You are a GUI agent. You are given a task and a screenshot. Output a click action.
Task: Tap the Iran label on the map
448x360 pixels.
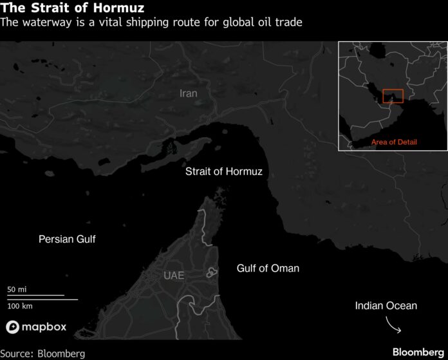pos(189,93)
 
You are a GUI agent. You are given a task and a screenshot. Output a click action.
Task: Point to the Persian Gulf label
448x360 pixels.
pos(67,239)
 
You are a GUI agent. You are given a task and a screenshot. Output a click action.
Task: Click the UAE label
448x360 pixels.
pos(174,276)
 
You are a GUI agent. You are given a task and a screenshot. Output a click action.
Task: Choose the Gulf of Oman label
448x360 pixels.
pos(268,268)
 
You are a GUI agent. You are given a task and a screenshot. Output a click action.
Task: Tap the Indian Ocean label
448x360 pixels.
pos(386,305)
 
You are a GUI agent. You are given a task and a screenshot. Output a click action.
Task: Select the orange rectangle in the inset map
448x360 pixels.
pos(392,95)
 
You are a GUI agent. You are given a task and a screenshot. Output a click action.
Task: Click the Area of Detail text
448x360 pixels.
pos(393,141)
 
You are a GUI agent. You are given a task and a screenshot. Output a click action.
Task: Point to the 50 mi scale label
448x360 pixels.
pos(17,290)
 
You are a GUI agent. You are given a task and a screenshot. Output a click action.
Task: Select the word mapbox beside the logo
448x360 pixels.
pos(44,327)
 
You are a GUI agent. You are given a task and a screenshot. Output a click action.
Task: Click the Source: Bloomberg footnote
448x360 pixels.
pos(42,353)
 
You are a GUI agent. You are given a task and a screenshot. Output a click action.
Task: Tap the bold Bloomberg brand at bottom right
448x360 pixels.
pos(417,352)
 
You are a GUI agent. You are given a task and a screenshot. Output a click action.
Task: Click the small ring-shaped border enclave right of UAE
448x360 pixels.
pos(210,274)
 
